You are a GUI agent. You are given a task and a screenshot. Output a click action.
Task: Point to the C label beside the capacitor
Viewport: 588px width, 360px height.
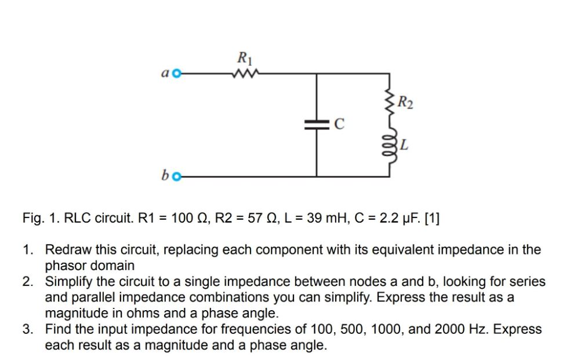pyautogui.click(x=340, y=123)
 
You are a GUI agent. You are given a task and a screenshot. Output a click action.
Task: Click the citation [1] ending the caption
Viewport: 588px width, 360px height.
pyautogui.click(x=432, y=219)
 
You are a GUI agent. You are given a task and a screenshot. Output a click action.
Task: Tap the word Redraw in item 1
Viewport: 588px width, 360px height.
pyautogui.click(x=66, y=250)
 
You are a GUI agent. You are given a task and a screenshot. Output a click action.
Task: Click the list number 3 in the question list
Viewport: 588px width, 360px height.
pyautogui.click(x=27, y=329)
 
